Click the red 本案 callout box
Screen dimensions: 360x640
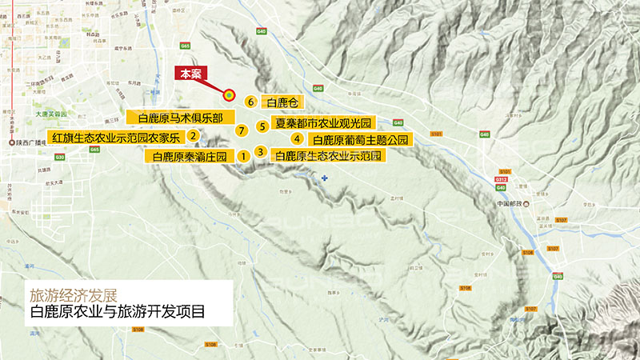pos(190,74)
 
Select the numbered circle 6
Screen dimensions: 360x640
pos(250,102)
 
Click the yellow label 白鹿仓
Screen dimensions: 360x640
pos(282,102)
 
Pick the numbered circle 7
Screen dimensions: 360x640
pos(241,129)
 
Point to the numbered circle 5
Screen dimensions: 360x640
pos(261,126)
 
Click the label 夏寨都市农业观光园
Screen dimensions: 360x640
pos(324,124)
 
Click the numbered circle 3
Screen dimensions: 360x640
pos(260,151)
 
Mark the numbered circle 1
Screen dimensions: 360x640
pos(242,156)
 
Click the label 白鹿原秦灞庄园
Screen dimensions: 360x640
pos(190,157)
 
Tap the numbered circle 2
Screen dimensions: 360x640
pos(193,135)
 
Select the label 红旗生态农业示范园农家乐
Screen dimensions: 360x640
pos(117,137)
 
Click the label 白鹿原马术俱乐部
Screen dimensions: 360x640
pos(180,118)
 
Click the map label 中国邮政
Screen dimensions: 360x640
pos(510,203)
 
